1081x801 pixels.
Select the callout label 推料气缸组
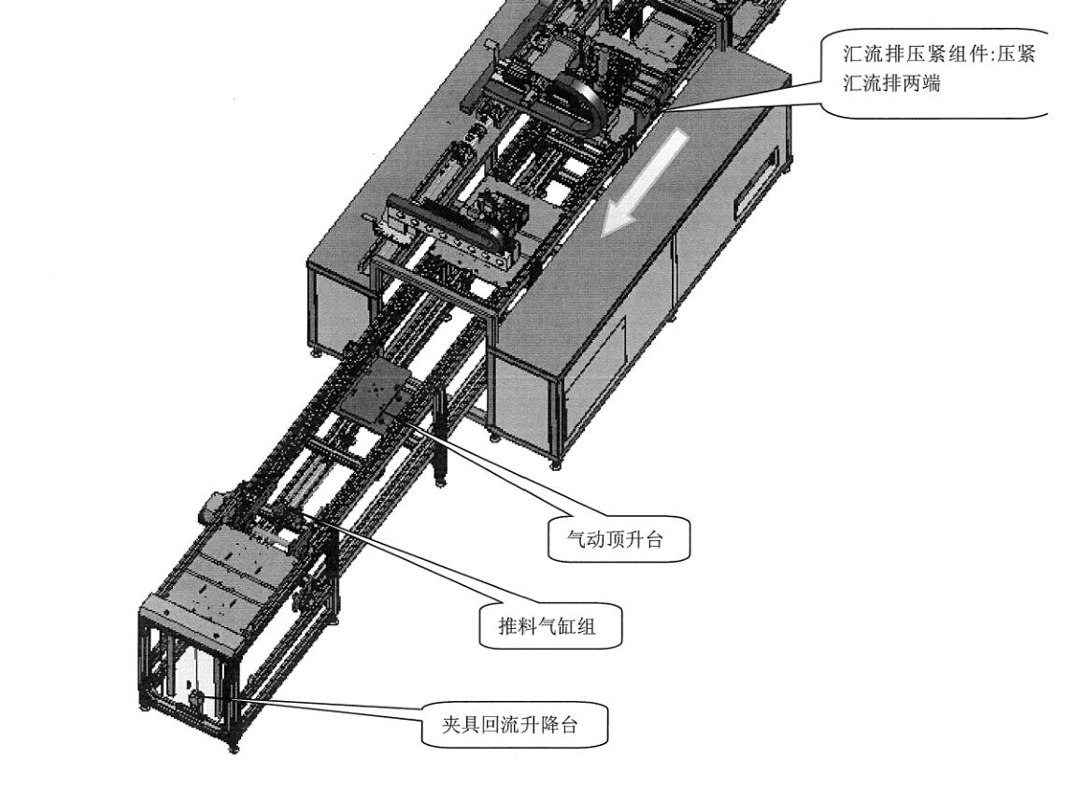[548, 626]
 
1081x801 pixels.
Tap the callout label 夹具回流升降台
[509, 724]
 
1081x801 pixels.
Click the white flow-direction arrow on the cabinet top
[646, 180]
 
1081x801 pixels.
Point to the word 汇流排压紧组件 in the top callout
[911, 53]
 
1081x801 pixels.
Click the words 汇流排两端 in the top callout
[891, 83]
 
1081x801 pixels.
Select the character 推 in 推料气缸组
[508, 626]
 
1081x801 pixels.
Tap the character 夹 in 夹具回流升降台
[451, 724]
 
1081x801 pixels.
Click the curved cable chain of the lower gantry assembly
[448, 228]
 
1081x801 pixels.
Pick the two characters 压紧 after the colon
[1017, 53]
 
